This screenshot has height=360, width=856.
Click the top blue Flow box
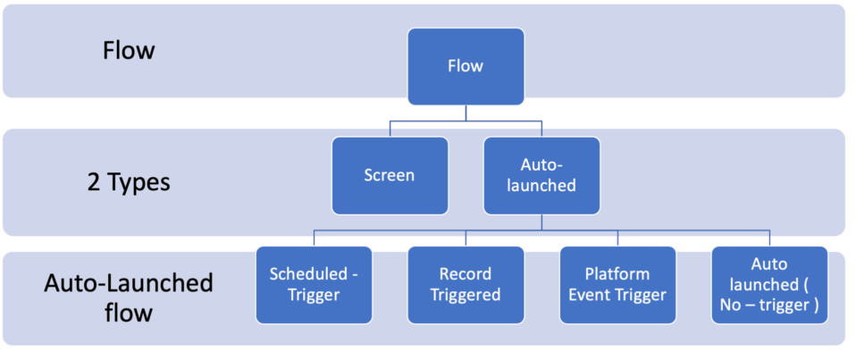pyautogui.click(x=465, y=66)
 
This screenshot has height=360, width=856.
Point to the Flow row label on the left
pyautogui.click(x=128, y=50)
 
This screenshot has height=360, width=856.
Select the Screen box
pyautogui.click(x=389, y=175)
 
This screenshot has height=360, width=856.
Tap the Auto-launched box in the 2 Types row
pyautogui.click(x=541, y=175)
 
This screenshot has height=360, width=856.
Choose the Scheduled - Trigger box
pyautogui.click(x=313, y=285)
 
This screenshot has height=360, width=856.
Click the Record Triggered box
pyautogui.click(x=465, y=285)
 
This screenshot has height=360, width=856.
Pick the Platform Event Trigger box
pyautogui.click(x=617, y=285)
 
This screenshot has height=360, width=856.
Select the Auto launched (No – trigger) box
pyautogui.click(x=769, y=285)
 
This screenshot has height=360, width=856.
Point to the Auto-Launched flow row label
pyautogui.click(x=128, y=298)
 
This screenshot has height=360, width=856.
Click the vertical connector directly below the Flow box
pyautogui.click(x=465, y=113)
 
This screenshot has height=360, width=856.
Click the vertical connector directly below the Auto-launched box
pyautogui.click(x=541, y=222)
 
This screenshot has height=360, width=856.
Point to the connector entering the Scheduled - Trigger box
pyautogui.click(x=313, y=239)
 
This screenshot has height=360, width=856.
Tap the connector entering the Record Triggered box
pyautogui.click(x=465, y=239)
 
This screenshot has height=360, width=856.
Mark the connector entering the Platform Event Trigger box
pyautogui.click(x=617, y=239)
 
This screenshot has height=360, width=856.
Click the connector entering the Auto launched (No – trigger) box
pyautogui.click(x=769, y=239)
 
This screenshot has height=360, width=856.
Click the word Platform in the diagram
pyautogui.click(x=617, y=274)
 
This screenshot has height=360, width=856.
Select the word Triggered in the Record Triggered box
pyautogui.click(x=465, y=296)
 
